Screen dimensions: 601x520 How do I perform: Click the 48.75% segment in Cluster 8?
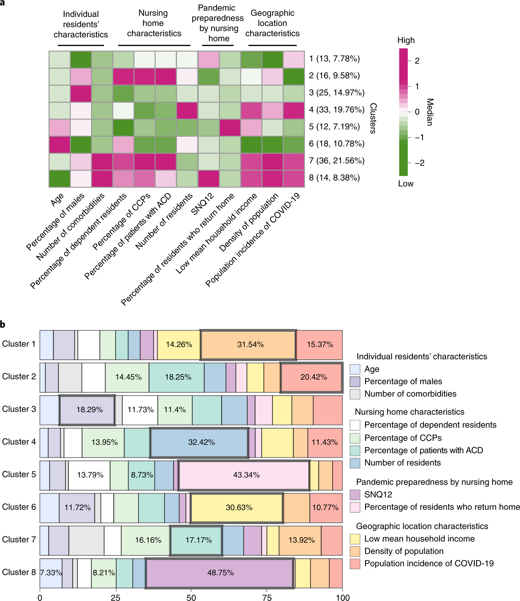[220, 573]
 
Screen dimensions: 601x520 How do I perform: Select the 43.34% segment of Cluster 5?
[244, 475]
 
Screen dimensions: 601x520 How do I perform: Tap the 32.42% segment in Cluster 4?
[200, 442]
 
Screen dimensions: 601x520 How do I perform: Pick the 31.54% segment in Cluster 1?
[248, 344]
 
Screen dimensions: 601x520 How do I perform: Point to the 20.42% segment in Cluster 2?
[311, 377]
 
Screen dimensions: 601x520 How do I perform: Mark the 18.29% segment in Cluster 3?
[87, 410]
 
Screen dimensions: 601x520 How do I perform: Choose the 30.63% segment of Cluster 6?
[237, 507]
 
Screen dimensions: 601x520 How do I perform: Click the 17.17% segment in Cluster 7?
[196, 540]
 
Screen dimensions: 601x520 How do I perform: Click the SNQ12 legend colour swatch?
[355, 494]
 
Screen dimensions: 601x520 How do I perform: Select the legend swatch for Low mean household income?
[355, 539]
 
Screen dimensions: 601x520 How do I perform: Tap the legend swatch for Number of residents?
[355, 463]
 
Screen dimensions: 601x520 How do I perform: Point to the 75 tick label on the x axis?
[267, 597]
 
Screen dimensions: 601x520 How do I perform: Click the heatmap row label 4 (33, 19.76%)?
[337, 110]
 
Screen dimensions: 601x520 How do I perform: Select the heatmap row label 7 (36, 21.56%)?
[337, 161]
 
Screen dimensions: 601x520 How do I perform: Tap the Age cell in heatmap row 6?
[59, 144]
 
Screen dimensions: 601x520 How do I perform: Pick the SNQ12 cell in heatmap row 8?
[209, 178]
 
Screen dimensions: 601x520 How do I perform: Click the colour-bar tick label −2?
[419, 163]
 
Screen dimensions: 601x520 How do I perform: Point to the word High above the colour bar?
[406, 40]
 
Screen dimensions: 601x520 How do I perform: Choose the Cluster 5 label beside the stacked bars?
[19, 474]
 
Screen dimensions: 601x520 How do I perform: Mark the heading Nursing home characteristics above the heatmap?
[154, 23]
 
